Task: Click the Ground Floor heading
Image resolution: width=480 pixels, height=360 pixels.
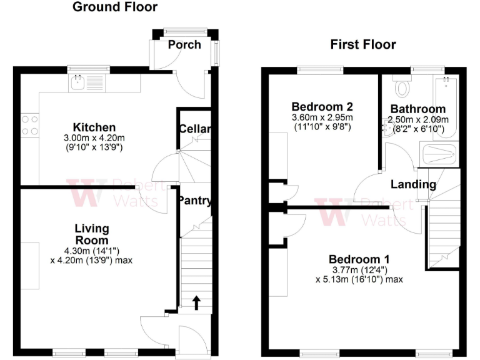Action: point(115,7)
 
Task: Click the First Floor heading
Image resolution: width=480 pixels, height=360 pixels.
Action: point(362,44)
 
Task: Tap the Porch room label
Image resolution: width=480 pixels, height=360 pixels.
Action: point(185,44)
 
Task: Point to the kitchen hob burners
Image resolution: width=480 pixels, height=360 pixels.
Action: point(29,125)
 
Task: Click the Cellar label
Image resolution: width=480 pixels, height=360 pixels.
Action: point(194,129)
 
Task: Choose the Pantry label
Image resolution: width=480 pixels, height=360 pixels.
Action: point(194,201)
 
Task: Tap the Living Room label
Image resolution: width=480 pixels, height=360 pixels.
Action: point(92,234)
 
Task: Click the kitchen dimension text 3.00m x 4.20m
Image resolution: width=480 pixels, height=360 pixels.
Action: point(94,137)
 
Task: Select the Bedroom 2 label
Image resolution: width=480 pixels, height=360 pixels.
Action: point(322,106)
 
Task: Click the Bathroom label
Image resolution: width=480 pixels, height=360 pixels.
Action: point(417,109)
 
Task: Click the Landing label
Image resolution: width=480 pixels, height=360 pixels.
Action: point(413,184)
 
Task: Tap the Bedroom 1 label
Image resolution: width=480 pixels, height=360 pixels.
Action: point(359,259)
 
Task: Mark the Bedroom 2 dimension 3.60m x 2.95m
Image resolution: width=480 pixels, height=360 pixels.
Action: point(322,117)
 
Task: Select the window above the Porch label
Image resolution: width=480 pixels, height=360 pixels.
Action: point(185,30)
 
